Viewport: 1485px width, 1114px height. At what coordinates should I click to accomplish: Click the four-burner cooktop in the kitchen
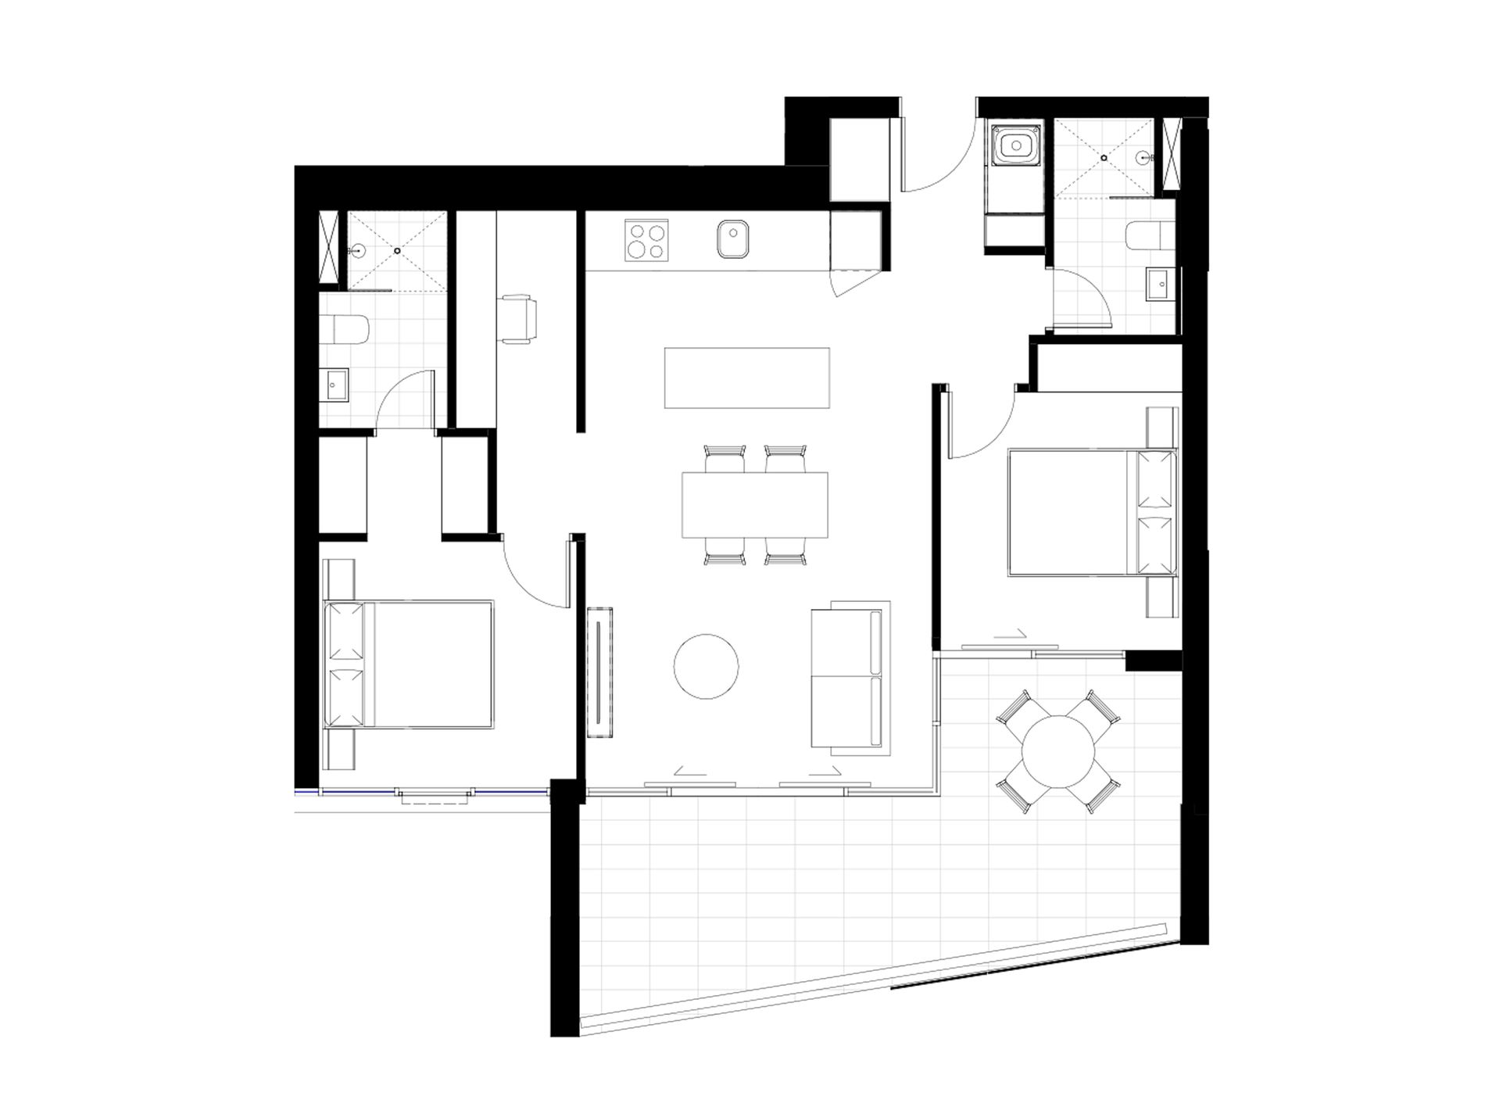647,241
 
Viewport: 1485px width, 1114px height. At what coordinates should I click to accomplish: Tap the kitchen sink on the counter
732,239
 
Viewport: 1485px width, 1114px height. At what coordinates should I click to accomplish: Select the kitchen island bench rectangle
746,378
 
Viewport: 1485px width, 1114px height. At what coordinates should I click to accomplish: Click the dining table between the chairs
754,504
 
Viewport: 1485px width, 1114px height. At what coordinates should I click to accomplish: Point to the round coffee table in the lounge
706,666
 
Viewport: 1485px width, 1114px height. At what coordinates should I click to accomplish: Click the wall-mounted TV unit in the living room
599,672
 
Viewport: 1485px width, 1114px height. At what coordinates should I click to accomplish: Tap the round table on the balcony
1059,753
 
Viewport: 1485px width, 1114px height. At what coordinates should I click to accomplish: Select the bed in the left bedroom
409,664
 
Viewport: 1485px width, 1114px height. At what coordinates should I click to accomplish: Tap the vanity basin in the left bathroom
338,384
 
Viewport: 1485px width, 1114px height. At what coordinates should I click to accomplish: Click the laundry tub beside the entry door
1014,145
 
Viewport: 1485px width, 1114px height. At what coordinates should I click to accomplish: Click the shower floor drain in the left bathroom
398,250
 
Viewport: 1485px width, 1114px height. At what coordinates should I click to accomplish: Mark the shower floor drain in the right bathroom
1104,158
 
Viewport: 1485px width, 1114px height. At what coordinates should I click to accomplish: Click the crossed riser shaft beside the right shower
1170,154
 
